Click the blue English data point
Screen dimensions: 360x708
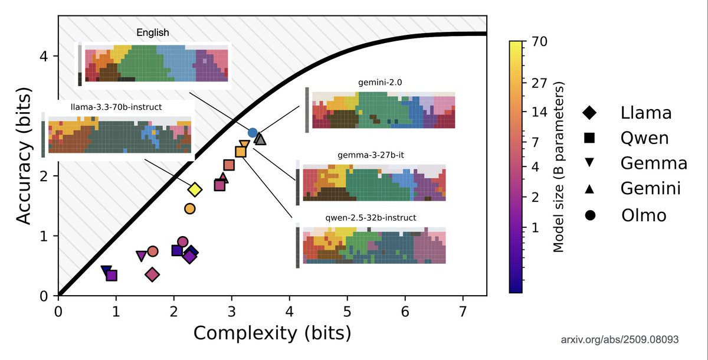(253, 133)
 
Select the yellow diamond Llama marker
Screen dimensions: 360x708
(195, 189)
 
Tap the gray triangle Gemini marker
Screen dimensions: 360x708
(260, 138)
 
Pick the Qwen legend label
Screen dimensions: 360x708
(644, 138)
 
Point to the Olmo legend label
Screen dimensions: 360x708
(644, 215)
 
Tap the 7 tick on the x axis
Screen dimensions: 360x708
(463, 310)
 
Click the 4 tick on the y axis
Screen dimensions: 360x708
(44, 56)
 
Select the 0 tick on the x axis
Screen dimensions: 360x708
(58, 310)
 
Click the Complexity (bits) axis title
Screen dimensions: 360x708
(272, 333)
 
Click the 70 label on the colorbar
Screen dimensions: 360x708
(540, 41)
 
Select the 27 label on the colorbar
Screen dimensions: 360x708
(540, 83)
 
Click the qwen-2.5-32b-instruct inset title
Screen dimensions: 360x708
(371, 218)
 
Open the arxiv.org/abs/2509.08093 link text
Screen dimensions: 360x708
(628, 340)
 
